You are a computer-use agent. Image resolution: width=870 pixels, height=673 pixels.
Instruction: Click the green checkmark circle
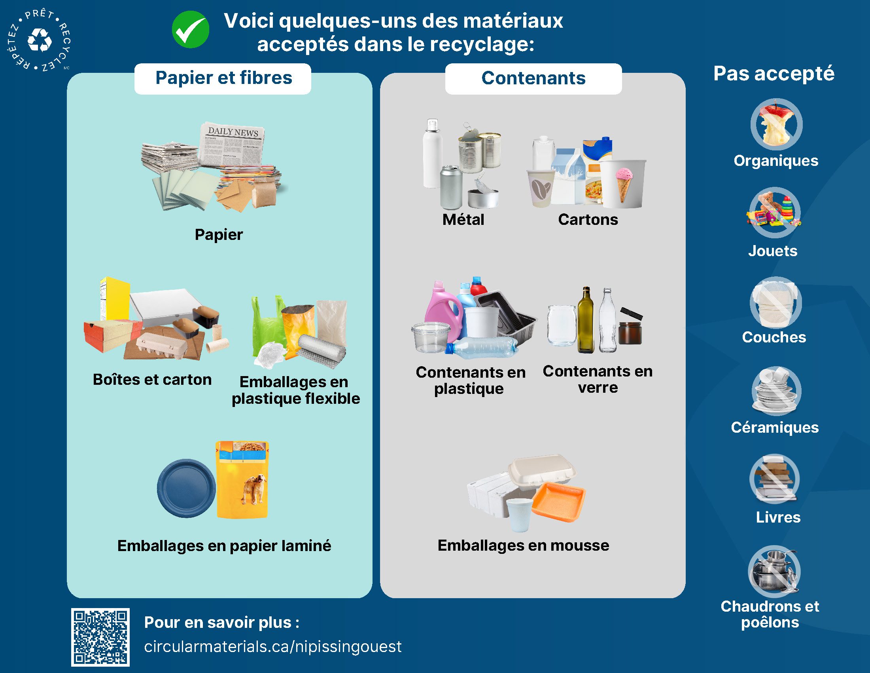(191, 30)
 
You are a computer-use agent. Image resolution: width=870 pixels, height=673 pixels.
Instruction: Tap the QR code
(100, 637)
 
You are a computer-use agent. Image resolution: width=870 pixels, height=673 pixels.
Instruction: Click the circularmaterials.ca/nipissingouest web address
(273, 647)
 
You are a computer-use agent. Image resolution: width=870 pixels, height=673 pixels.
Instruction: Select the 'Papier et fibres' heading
(223, 78)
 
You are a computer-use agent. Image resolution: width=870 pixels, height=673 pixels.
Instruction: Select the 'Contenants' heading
(533, 78)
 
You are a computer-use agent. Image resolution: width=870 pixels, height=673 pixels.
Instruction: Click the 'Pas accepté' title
(774, 74)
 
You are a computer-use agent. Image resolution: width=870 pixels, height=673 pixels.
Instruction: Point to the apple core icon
(776, 124)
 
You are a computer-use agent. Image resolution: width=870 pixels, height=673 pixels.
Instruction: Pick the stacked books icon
(774, 480)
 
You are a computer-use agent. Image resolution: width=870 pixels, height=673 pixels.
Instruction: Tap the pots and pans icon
(774, 571)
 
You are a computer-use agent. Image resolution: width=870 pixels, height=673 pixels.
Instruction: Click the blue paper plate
(186, 489)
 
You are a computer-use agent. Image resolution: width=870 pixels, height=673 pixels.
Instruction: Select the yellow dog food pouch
(242, 480)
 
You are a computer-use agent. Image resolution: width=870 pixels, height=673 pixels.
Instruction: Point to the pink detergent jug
(443, 311)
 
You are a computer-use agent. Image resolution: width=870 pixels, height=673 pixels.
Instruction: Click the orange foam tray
(558, 502)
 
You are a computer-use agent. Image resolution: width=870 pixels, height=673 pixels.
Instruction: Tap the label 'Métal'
(463, 220)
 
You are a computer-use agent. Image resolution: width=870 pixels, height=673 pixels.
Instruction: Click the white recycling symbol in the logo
(40, 40)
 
